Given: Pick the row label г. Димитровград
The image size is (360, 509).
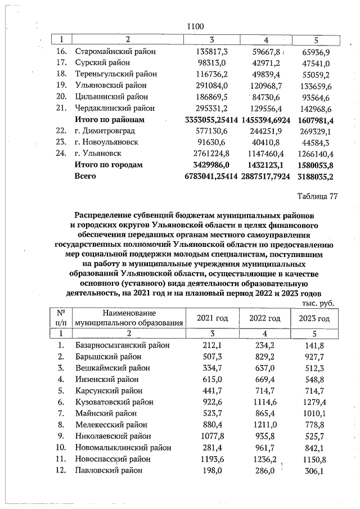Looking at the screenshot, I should (x=106, y=130).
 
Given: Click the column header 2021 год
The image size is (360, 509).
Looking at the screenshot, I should (x=212, y=318).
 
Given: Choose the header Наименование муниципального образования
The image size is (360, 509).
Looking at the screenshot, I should (x=129, y=318).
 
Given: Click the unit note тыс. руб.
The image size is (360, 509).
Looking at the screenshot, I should (x=318, y=303).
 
